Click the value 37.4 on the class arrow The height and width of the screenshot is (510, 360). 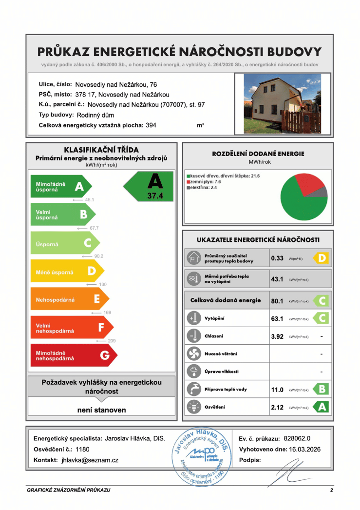pos(155,196)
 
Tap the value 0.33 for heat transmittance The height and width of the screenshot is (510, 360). pos(277,258)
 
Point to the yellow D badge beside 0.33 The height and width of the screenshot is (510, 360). pos(322,258)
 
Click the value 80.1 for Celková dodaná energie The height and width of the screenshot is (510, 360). pos(277,301)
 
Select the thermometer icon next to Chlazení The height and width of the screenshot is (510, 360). pos(193,336)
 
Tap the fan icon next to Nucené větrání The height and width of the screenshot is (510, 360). pos(193,353)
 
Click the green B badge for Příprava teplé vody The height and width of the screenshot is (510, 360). pos(322,390)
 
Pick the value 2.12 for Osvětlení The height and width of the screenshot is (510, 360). pos(277,407)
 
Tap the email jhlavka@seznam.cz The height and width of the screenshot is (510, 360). pos(90,460)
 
